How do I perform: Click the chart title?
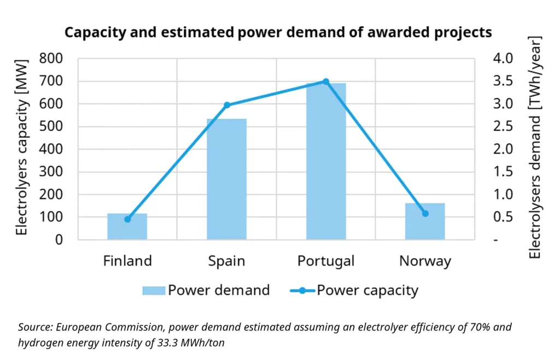278,32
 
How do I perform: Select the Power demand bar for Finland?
127,227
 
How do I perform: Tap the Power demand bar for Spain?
226,179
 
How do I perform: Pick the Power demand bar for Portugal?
326,161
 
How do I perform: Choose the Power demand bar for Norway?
425,221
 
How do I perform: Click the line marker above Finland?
127,219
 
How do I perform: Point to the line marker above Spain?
227,105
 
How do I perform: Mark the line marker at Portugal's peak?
326,82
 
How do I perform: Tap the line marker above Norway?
425,213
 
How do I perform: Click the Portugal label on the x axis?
326,261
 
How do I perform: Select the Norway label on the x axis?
425,261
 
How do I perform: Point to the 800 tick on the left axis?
51,58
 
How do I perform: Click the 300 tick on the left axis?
51,172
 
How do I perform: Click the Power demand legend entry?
206,290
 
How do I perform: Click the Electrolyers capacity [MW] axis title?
21,149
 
